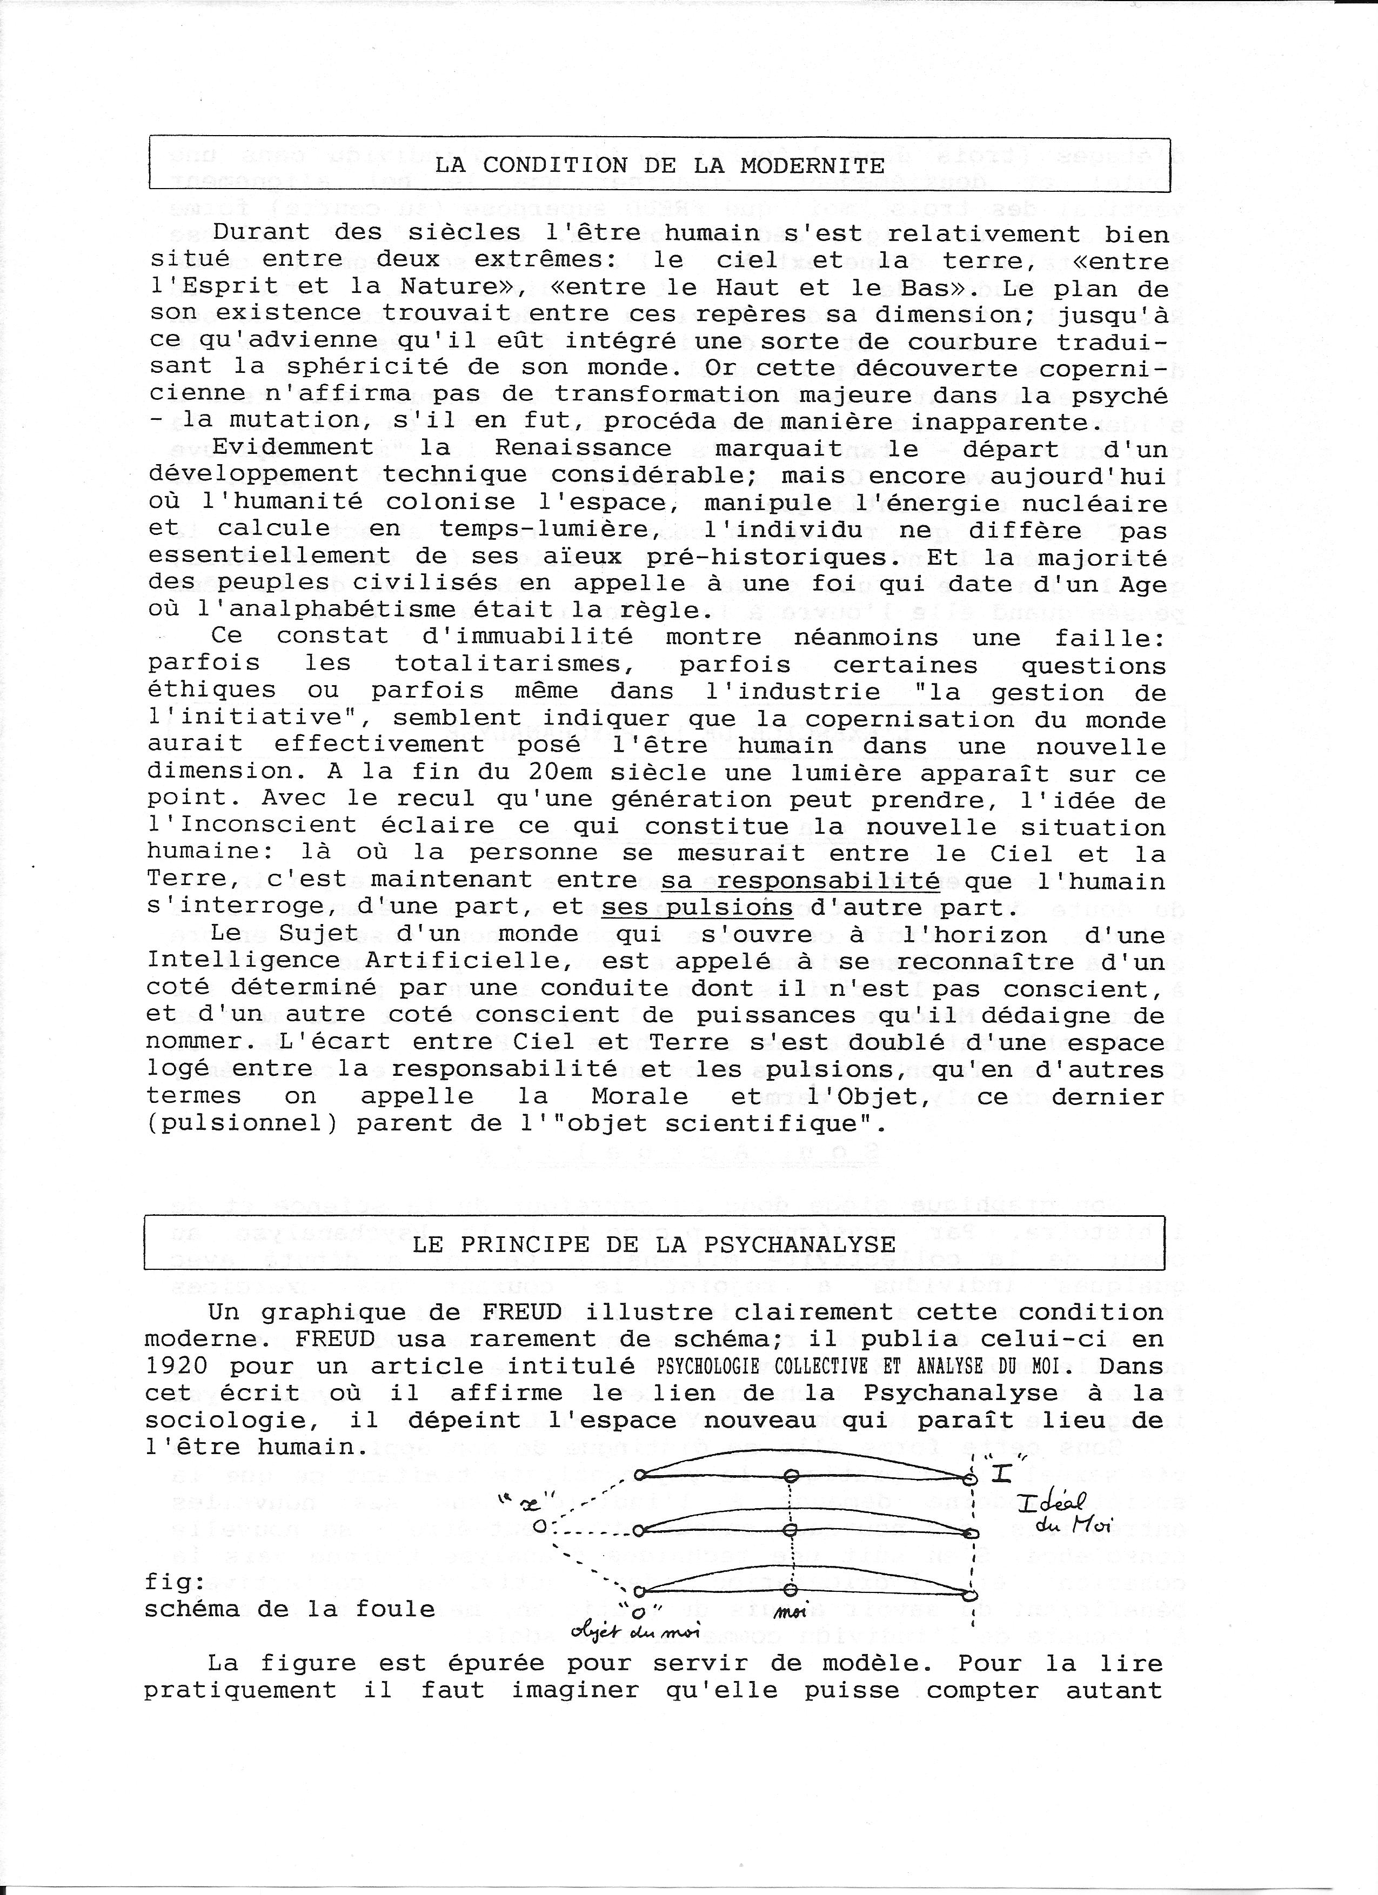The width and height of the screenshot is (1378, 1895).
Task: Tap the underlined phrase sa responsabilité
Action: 800,881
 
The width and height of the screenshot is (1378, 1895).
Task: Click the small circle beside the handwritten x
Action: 540,1526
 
